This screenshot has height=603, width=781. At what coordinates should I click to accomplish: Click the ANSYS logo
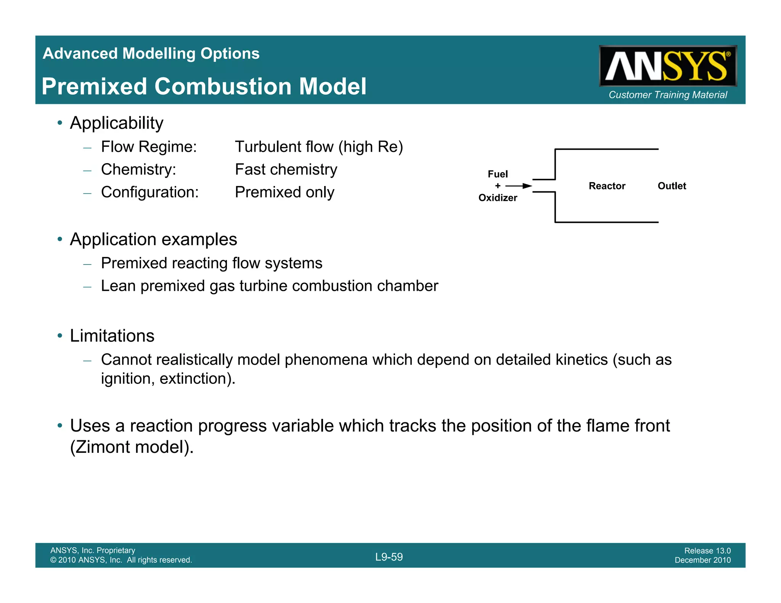(667, 66)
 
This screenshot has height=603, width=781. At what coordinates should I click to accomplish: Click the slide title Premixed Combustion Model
(204, 86)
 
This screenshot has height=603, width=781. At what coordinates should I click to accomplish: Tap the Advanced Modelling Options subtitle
(151, 53)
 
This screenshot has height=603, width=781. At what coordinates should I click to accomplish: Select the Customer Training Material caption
(668, 95)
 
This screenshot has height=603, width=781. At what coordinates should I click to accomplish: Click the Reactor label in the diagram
(607, 186)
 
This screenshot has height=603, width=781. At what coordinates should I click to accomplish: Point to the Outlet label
(672, 186)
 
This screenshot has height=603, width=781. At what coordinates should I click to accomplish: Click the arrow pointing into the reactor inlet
(519, 186)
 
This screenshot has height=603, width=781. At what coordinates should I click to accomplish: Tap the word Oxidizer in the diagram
(498, 198)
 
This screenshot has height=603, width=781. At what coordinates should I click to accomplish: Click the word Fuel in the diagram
(498, 174)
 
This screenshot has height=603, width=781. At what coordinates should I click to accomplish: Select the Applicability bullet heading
(117, 123)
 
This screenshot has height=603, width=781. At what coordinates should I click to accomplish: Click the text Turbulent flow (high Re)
(319, 147)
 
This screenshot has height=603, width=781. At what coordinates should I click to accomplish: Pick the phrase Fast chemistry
(286, 170)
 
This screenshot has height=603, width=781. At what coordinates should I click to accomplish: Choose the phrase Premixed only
(284, 192)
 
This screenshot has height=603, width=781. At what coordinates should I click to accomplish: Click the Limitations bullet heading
(112, 336)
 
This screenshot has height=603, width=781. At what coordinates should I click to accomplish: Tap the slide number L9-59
(389, 557)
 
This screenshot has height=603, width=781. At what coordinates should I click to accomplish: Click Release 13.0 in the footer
(707, 550)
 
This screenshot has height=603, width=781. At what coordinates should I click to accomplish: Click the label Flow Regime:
(149, 147)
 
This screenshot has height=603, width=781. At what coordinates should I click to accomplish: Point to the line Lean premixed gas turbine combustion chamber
(269, 286)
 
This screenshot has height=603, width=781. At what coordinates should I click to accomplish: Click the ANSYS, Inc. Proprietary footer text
(93, 550)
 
